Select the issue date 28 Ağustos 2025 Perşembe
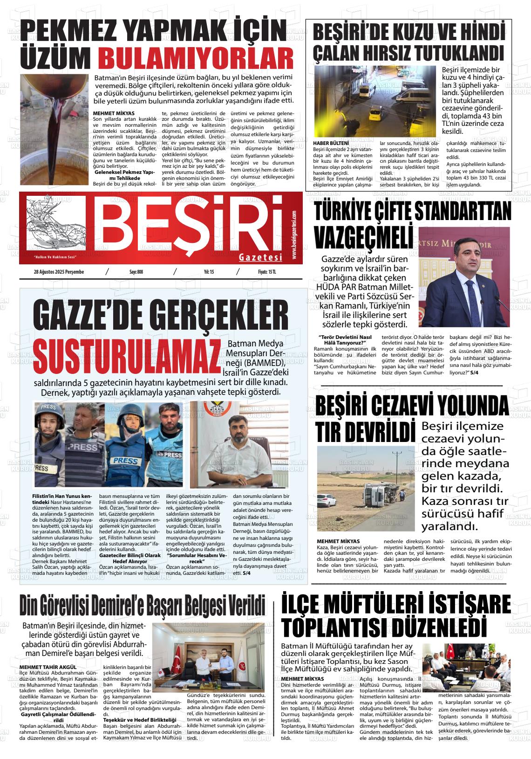59,272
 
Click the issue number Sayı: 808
136,272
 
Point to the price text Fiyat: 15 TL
267,272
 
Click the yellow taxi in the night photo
375,112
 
